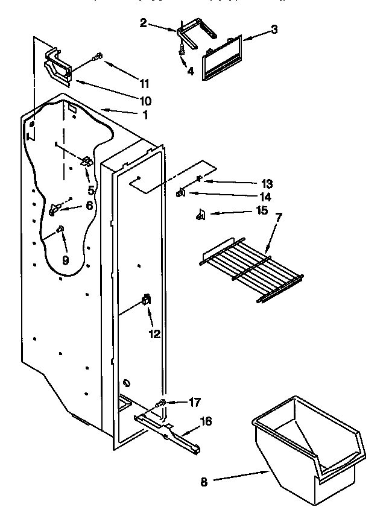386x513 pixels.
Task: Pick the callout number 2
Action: tap(143, 23)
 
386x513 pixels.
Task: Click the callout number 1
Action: tap(144, 115)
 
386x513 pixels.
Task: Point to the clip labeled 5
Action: tap(87, 161)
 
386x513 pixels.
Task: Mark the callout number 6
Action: tap(90, 206)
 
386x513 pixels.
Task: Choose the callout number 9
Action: tap(66, 260)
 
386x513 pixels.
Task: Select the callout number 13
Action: tap(267, 183)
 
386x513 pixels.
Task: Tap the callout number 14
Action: tap(265, 197)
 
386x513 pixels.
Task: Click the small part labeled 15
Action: tap(200, 214)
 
